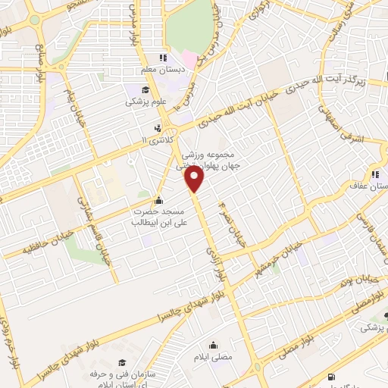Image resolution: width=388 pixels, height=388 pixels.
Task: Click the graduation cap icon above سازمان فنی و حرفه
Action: pos(121,363)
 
